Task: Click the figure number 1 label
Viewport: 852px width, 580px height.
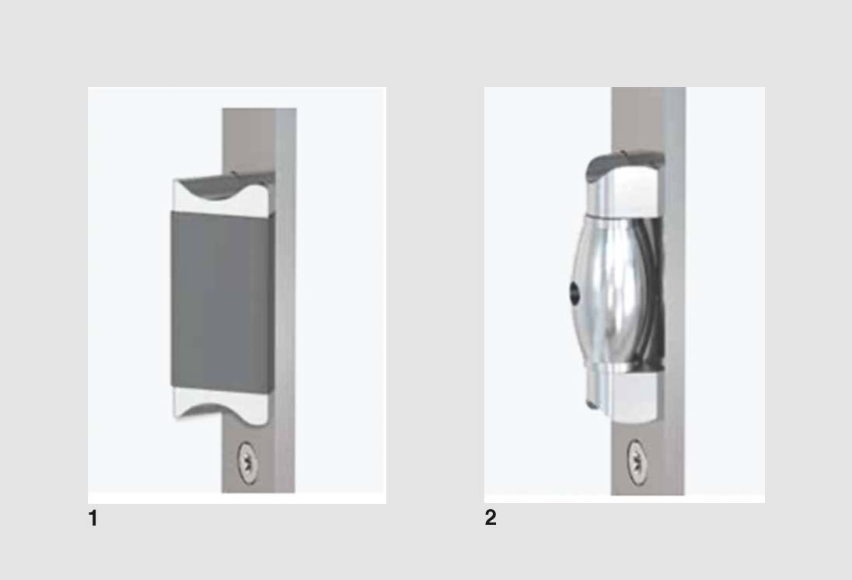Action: [x=93, y=518]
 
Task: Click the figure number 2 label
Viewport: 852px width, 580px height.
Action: [x=491, y=518]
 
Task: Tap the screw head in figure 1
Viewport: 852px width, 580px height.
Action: [x=248, y=462]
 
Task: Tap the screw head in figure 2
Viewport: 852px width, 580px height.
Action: [x=637, y=462]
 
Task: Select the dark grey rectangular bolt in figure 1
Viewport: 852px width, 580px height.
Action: [x=222, y=301]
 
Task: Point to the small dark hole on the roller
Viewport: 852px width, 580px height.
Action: [x=574, y=294]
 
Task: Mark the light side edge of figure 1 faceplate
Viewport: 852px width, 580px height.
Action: [x=285, y=300]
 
